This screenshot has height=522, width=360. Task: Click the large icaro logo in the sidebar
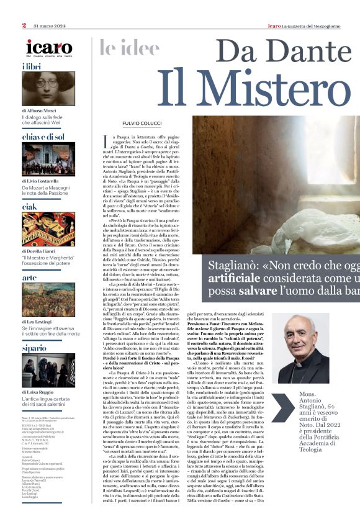pyautogui.click(x=50, y=47)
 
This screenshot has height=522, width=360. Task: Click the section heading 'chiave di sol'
pyautogui.click(x=43, y=137)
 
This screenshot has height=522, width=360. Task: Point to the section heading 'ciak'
pyautogui.click(x=29, y=207)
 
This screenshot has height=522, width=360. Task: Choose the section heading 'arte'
pyautogui.click(x=29, y=278)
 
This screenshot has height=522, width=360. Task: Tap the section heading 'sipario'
pyautogui.click(x=35, y=349)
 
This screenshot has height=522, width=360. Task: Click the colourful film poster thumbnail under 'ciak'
pyautogui.click(x=49, y=230)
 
